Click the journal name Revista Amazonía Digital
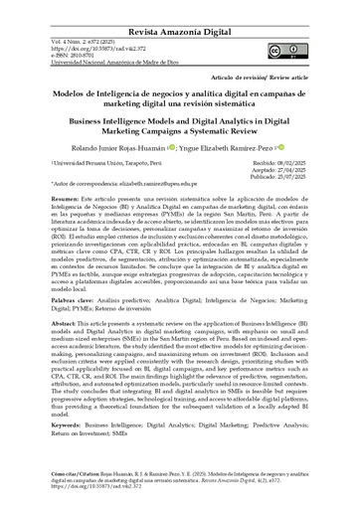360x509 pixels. [x=180, y=8]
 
